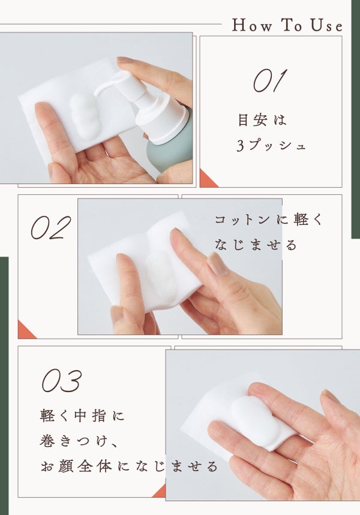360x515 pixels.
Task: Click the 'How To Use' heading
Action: [287, 25]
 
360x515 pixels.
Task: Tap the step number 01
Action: [270, 81]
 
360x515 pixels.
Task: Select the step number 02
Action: [51, 227]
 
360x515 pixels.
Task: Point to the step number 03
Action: [61, 380]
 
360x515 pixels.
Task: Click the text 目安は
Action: [262, 120]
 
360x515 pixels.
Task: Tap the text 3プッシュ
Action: [271, 145]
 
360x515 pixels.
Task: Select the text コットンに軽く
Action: [269, 219]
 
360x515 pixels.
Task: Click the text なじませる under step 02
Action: [256, 245]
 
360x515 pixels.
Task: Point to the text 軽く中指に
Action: [83, 416]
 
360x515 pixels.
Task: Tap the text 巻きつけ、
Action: [78, 441]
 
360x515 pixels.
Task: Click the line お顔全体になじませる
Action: [129, 466]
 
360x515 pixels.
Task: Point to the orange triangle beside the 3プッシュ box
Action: [206, 180]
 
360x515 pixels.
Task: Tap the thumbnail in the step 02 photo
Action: [218, 264]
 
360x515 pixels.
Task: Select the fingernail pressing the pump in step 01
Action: [125, 60]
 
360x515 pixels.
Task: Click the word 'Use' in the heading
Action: [327, 26]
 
